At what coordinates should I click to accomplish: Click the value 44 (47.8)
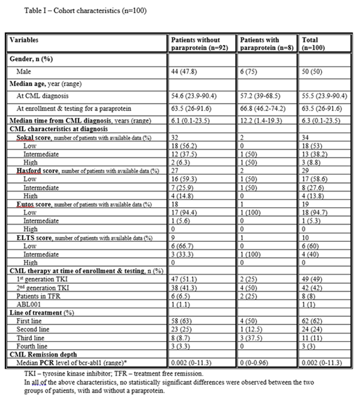pos(186,71)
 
